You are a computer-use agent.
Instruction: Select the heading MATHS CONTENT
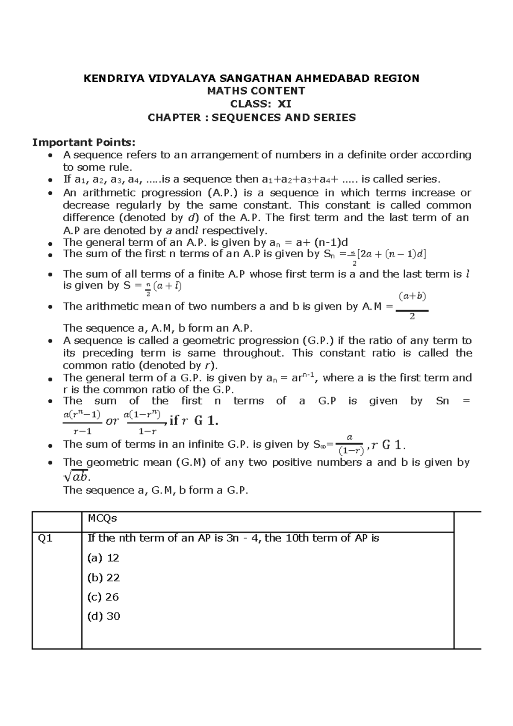pos(256,91)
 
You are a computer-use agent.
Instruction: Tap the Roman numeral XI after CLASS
pos(285,104)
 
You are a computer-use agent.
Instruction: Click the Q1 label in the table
pos(45,539)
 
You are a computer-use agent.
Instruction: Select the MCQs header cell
pos(102,518)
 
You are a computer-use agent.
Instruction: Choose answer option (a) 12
pos(103,558)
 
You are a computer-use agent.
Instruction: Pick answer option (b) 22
pos(103,577)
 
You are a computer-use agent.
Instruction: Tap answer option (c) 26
pos(103,597)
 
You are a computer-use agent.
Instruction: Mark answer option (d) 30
pos(103,616)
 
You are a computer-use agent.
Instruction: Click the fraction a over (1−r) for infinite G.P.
pos(350,444)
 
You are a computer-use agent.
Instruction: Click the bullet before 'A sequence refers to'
pos(50,155)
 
